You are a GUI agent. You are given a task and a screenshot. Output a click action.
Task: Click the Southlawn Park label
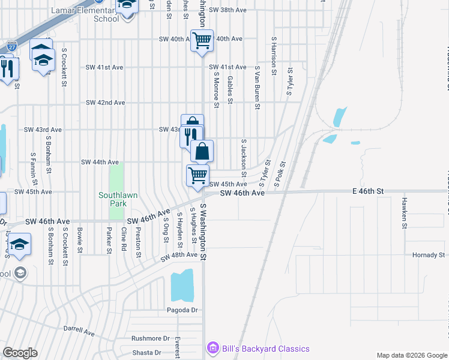[x=113, y=199]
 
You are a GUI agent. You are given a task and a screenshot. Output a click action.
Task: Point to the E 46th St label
[x=367, y=191]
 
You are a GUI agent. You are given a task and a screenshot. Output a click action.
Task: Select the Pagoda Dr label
[x=182, y=310]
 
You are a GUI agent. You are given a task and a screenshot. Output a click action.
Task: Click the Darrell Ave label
[x=79, y=331]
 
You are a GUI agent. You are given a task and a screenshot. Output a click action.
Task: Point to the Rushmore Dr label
[x=151, y=338]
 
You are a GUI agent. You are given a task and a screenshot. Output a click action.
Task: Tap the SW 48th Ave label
[x=179, y=256]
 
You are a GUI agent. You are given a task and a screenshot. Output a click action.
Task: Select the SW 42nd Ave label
[x=105, y=103]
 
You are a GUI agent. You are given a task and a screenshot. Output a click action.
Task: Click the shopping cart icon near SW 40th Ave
[x=202, y=41]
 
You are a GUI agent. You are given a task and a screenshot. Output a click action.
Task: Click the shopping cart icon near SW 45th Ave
[x=197, y=175]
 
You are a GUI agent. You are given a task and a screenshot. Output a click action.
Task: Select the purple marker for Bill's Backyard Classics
[x=211, y=349]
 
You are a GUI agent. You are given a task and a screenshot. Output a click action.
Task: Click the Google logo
[x=20, y=353]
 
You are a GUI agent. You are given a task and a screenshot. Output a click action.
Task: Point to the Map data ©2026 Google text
[x=411, y=355]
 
